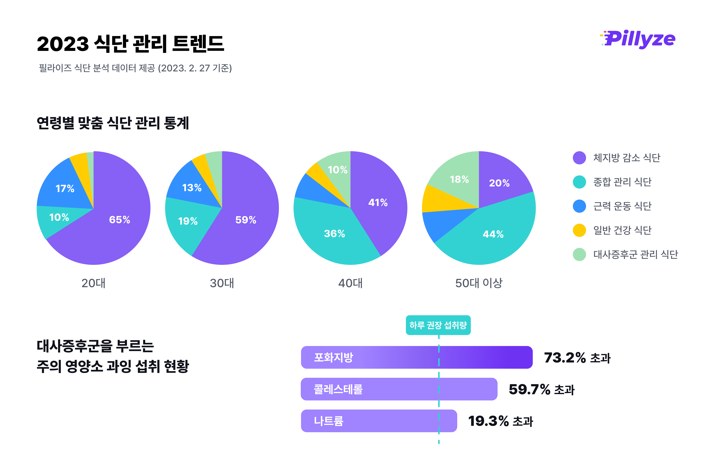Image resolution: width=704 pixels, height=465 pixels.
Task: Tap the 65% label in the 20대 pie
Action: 119,220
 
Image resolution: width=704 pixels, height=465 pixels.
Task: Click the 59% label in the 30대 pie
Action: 246,220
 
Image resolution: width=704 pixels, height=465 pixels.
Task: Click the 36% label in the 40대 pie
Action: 334,234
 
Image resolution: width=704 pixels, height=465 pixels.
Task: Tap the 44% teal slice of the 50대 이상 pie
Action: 493,234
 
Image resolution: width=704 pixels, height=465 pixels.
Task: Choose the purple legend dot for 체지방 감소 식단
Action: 579,158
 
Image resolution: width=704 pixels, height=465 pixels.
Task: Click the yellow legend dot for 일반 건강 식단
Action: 579,230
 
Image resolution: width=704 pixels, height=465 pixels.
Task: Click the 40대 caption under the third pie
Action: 350,283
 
